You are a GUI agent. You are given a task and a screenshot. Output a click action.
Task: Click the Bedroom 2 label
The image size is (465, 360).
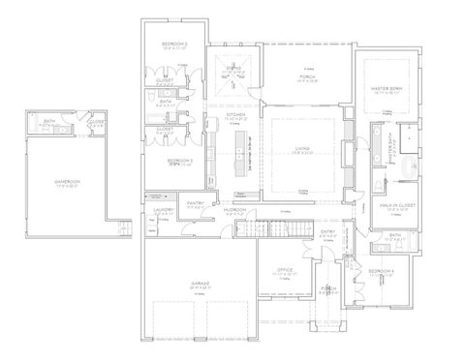pos(174,45)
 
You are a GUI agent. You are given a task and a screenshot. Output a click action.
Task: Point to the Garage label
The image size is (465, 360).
pos(201,285)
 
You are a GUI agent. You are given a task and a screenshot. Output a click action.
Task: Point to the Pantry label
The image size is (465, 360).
pos(194,203)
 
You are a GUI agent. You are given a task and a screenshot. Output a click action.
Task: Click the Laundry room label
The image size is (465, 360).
pos(163,210)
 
